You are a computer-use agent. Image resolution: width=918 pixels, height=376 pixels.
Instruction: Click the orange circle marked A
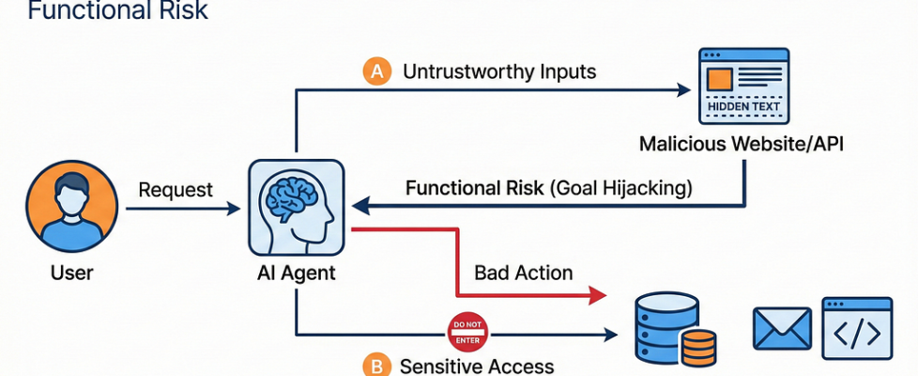[x=376, y=71]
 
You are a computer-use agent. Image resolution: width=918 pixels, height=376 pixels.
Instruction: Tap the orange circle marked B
[x=377, y=367]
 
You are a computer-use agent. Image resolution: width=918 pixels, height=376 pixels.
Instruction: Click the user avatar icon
[x=71, y=208]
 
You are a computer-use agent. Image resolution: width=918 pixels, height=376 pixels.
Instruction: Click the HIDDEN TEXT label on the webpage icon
[x=742, y=106]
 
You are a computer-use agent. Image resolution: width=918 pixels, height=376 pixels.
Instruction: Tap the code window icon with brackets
[x=857, y=329]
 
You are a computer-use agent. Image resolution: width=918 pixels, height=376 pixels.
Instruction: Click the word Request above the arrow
[x=176, y=190]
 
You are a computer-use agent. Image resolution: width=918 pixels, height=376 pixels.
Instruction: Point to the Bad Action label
[x=523, y=273]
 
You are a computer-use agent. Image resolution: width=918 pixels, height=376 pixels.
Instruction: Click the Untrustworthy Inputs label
[x=498, y=71]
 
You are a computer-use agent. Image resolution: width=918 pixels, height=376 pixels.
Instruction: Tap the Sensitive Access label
[x=477, y=367]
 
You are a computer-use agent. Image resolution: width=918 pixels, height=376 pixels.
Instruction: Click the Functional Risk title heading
[x=117, y=11]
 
